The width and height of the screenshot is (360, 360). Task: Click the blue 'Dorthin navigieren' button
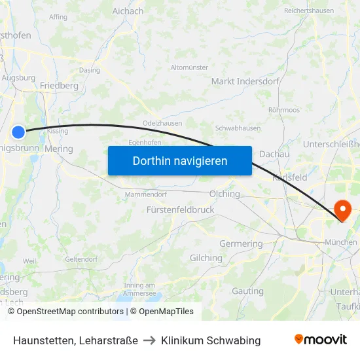180,160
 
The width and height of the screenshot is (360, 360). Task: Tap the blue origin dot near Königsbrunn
18,132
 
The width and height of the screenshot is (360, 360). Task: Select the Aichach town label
128,11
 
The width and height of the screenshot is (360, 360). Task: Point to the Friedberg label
59,86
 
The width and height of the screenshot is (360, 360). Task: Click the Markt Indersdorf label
245,82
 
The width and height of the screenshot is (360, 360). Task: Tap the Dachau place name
274,154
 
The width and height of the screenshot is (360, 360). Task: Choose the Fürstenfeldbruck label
180,210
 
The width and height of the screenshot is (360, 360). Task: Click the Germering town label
241,244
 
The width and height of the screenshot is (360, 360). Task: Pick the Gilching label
206,258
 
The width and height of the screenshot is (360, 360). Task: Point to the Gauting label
247,291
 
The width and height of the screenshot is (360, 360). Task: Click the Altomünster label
189,67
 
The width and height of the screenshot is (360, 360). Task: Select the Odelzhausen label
162,123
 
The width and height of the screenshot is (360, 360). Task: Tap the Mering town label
59,149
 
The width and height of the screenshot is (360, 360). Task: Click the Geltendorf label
81,259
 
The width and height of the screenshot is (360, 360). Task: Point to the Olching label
225,194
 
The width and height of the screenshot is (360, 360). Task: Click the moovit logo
320,340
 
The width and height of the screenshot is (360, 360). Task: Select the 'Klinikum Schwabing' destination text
211,340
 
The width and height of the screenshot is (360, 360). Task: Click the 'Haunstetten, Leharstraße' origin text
75,340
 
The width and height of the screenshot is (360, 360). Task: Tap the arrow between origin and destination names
149,340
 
